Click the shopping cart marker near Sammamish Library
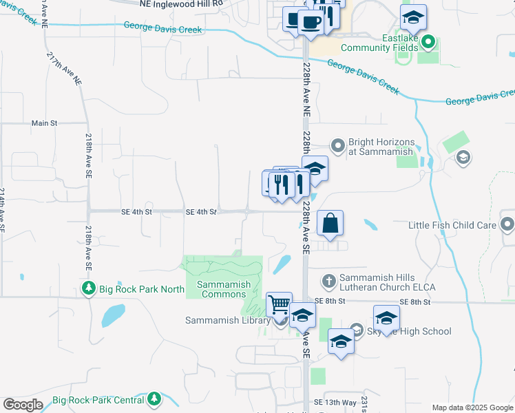[279, 304]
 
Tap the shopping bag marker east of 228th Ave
[330, 223]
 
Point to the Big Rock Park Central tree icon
[154, 399]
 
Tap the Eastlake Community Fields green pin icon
[429, 43]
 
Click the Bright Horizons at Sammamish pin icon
[337, 145]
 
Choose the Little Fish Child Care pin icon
[507, 224]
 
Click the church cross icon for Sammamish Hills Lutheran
[329, 281]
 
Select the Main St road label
[44, 123]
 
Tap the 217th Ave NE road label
[64, 68]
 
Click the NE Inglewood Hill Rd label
[182, 4]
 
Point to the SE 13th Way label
[335, 402]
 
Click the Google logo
[23, 405]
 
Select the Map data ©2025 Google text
[472, 407]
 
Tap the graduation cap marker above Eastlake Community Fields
[413, 17]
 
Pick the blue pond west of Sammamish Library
[112, 315]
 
